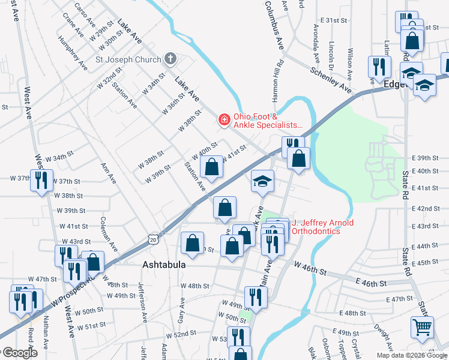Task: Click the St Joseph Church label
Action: click(x=128, y=59)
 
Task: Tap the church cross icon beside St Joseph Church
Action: click(x=170, y=59)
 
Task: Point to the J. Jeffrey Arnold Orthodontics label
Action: click(x=322, y=227)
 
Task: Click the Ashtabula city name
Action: click(x=163, y=265)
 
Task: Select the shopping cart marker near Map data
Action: click(x=422, y=328)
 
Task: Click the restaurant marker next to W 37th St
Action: click(x=41, y=181)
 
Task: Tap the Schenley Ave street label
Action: click(x=331, y=79)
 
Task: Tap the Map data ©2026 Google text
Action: click(x=412, y=355)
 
